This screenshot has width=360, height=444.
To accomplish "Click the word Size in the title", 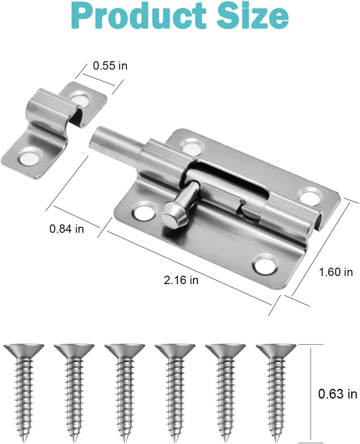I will point(249,16).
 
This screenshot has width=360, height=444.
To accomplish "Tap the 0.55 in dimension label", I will point(110,66).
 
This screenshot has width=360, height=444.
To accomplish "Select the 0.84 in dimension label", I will point(66,229).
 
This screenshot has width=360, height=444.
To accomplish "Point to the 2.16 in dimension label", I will point(181,280).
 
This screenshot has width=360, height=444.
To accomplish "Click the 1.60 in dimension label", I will point(336,272).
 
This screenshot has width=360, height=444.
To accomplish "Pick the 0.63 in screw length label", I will point(337,394).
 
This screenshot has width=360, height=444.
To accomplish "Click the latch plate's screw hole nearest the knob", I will point(142,212).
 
